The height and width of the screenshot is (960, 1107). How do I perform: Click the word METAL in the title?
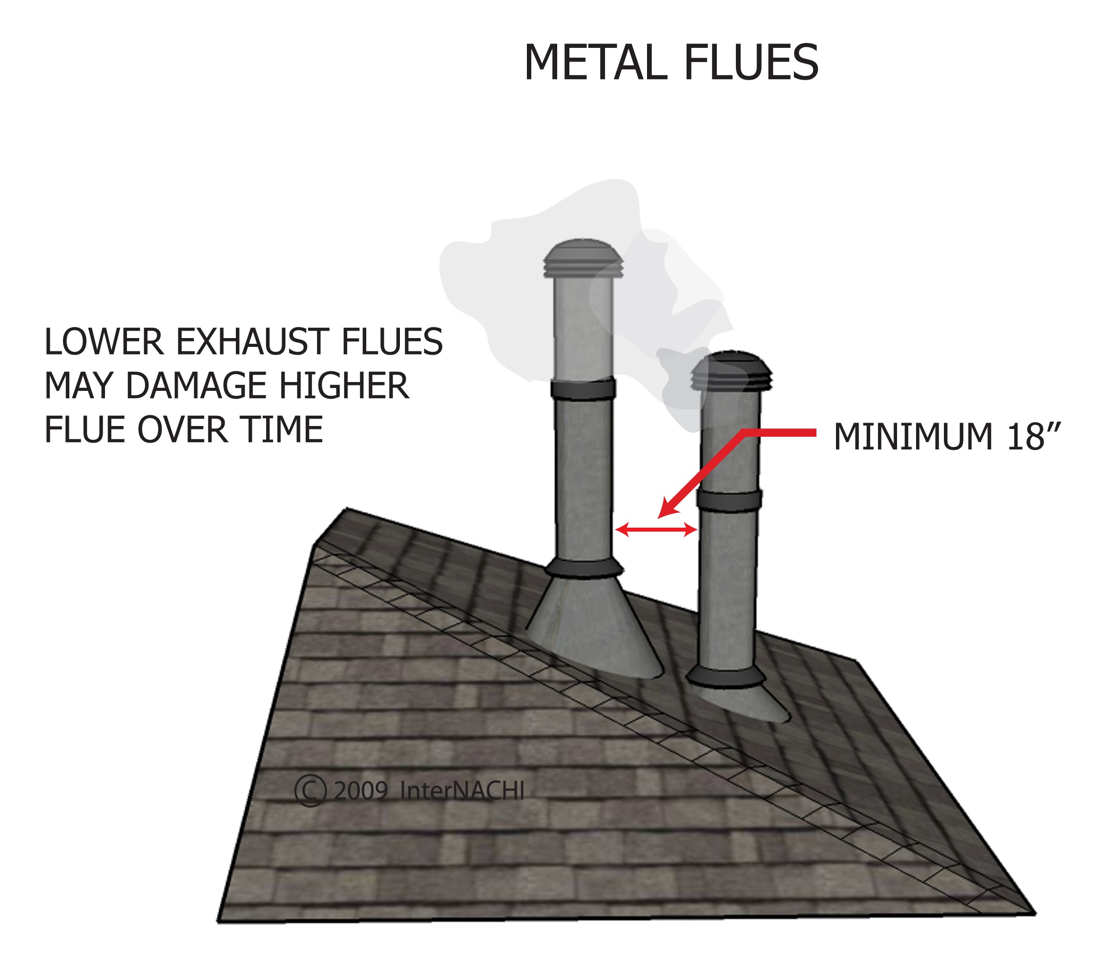tap(596, 63)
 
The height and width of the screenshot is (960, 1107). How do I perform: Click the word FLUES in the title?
tap(751, 63)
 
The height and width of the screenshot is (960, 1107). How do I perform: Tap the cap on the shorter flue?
tap(731, 371)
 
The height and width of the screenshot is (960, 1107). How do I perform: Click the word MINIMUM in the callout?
tap(913, 437)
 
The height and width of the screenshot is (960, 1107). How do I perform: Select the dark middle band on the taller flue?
tap(583, 389)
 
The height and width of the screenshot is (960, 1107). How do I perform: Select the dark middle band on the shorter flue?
tap(729, 501)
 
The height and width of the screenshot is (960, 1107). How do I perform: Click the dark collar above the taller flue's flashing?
tap(584, 568)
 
